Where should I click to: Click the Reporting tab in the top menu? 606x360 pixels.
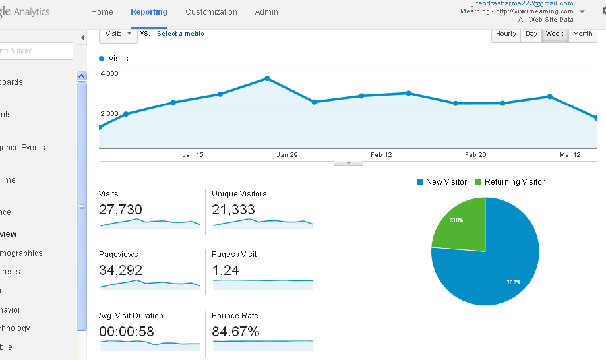(149, 12)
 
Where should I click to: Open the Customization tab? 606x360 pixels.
(211, 12)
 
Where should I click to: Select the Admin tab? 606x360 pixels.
(266, 12)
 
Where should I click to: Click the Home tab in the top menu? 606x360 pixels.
(102, 12)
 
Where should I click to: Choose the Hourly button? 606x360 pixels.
(506, 34)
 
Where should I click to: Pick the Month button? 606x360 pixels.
(582, 34)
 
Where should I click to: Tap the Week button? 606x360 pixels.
(554, 34)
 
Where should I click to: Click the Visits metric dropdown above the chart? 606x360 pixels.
(118, 34)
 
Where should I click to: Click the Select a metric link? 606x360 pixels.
(181, 34)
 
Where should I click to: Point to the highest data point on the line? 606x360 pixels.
(267, 78)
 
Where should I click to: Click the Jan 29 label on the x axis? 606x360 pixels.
(287, 155)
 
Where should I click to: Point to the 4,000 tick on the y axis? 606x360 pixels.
(109, 73)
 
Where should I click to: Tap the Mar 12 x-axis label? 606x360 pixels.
(570, 155)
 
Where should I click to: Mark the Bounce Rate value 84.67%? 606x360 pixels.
(235, 331)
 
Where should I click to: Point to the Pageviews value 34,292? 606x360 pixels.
(121, 270)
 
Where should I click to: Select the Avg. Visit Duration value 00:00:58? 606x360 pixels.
(126, 331)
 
